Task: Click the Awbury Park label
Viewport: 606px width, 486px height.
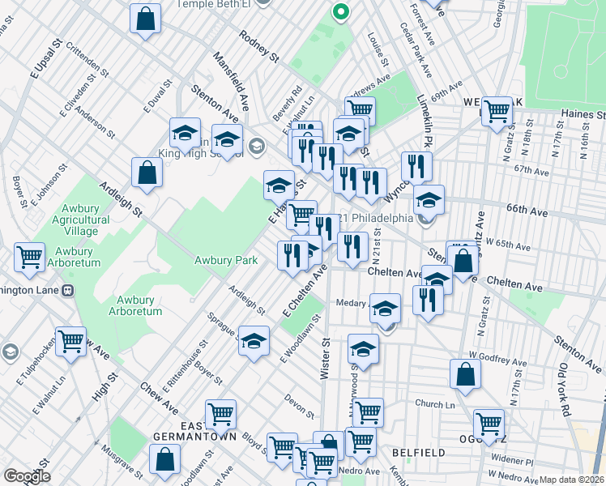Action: coord(225,260)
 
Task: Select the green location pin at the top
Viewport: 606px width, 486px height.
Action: coord(341,12)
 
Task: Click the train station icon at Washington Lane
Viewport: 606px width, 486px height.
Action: coord(69,288)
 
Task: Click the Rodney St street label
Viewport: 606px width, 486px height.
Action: coord(258,47)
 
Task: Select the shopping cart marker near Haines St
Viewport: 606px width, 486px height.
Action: coord(497,113)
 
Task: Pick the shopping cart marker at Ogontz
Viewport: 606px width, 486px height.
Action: coord(489,424)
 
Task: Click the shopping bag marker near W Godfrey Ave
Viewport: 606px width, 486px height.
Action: coord(465,375)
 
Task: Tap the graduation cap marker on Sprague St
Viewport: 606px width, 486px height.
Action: coord(254,341)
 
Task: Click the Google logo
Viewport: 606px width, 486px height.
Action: coord(27,476)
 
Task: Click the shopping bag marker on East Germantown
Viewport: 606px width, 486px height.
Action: coord(164,458)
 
